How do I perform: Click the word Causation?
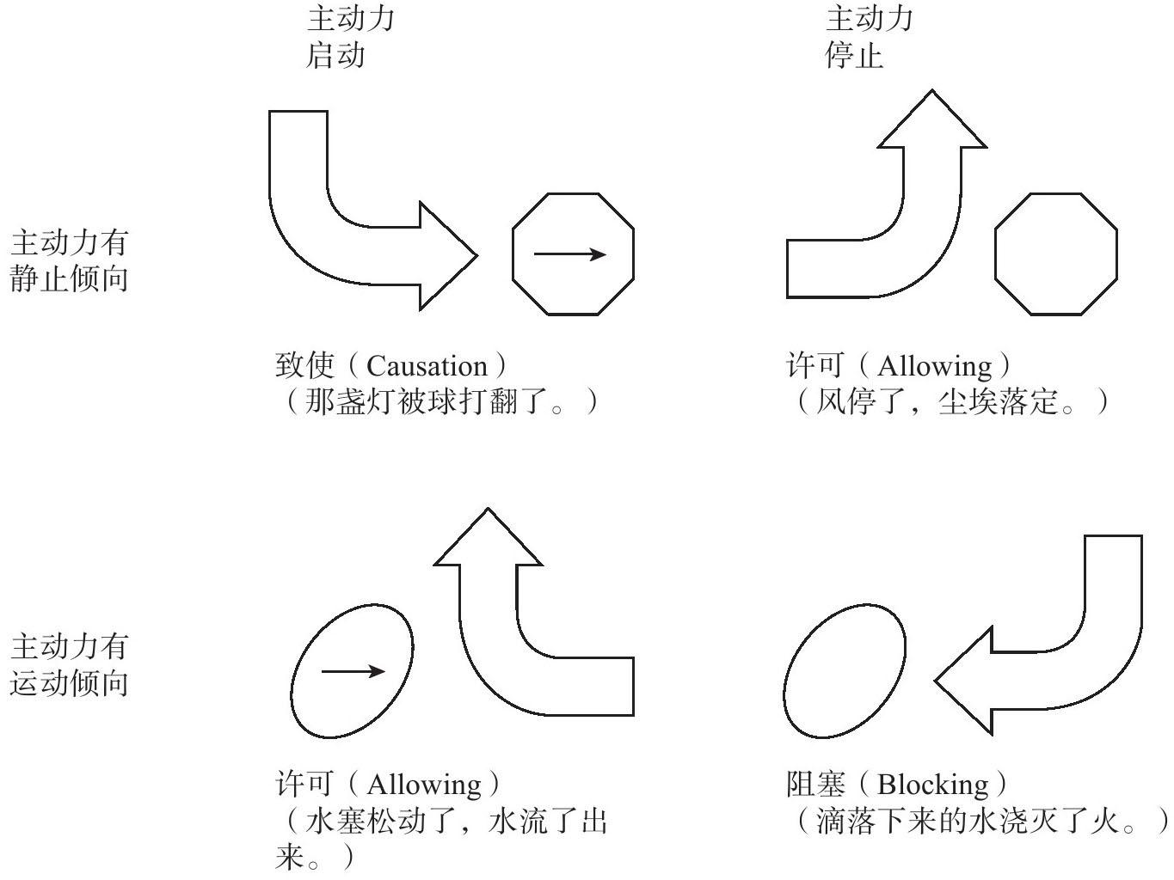pos(427,367)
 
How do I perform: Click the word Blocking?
pos(933,785)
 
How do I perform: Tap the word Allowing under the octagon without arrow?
pos(934,368)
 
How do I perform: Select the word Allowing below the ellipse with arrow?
pos(424,785)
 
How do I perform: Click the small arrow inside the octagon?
pos(569,254)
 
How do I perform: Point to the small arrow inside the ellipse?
pos(353,671)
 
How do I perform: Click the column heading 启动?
pos(335,56)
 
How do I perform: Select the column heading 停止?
pos(854,56)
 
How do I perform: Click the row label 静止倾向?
pos(69,279)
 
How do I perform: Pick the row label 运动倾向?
pos(69,684)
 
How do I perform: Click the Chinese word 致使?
pos(304,367)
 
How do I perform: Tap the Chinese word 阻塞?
pos(815,785)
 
